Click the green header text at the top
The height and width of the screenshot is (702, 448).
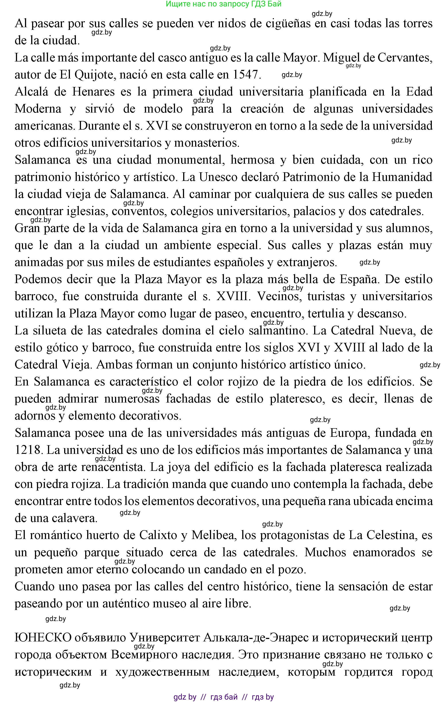point(223,4)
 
